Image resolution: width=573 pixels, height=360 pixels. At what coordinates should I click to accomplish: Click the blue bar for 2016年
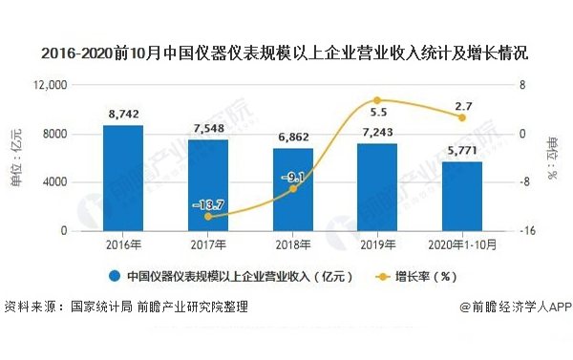tap(123, 178)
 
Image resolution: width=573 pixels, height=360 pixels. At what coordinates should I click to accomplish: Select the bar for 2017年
tap(207, 184)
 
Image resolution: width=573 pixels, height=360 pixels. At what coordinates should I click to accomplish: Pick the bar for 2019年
tap(376, 186)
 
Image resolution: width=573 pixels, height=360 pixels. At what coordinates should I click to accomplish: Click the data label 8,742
tap(123, 114)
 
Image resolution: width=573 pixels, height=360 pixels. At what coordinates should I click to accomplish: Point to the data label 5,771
tap(461, 150)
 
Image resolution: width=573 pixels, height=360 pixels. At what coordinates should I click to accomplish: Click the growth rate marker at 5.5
tap(376, 100)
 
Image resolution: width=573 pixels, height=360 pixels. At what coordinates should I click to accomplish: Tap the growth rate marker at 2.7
tap(461, 117)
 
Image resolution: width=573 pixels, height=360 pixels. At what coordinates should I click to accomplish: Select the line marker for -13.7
tap(207, 217)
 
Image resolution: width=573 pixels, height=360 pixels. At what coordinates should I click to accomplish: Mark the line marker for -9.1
tap(292, 189)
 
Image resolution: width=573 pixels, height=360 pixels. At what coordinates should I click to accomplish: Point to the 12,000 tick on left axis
tap(47, 85)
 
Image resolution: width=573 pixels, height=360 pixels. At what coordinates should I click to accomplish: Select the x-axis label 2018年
tap(292, 244)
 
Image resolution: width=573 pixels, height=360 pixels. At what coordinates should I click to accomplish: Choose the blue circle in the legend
tap(114, 277)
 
